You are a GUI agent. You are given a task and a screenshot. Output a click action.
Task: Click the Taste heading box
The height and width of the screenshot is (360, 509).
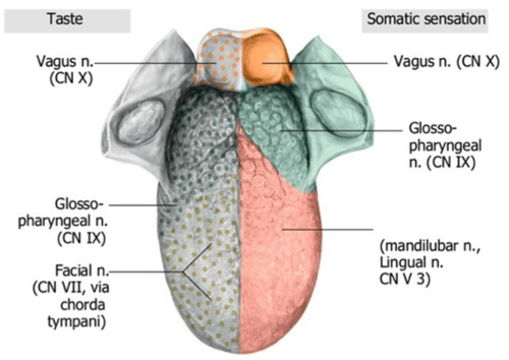(x=67, y=20)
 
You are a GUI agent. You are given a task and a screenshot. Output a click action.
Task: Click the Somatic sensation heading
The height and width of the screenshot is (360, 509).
(x=425, y=20)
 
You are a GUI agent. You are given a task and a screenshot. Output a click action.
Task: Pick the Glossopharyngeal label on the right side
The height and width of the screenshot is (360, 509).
(x=445, y=145)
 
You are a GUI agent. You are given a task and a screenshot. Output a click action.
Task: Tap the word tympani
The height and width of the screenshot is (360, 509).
(x=77, y=322)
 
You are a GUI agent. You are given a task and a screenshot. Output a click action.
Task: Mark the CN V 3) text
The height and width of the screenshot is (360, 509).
(x=404, y=279)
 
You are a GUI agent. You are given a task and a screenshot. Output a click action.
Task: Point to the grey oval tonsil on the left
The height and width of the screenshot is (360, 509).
(x=141, y=122)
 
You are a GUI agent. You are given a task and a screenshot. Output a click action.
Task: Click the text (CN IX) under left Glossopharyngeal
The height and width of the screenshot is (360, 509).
(x=82, y=238)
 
